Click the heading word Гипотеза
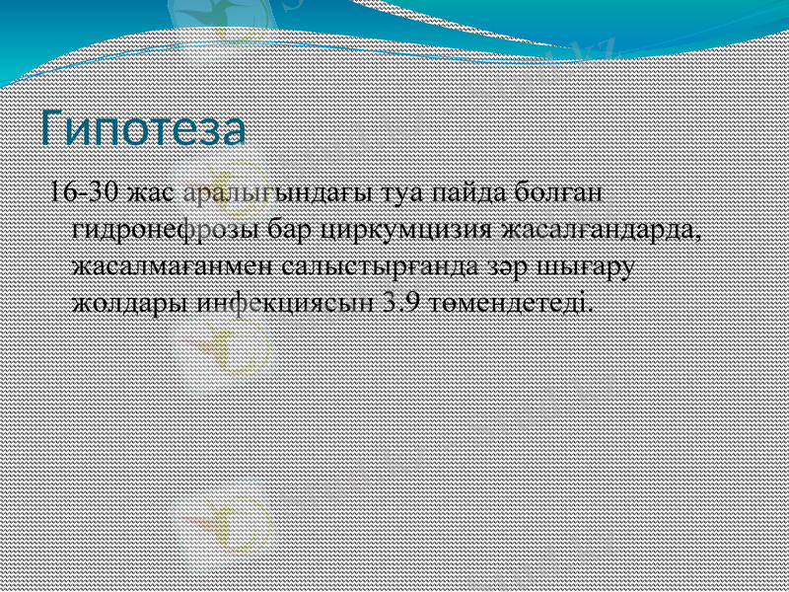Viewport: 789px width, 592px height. pos(142,131)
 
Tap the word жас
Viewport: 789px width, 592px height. pos(151,191)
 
